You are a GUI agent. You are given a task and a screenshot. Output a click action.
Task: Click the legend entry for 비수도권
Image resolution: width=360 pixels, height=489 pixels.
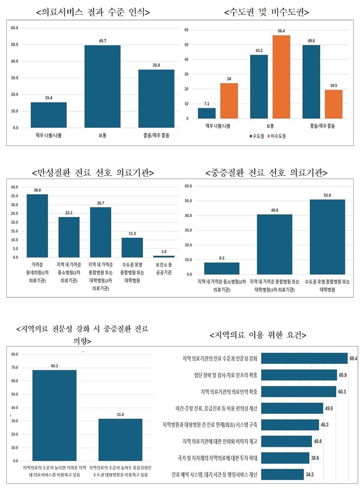pos(280,137)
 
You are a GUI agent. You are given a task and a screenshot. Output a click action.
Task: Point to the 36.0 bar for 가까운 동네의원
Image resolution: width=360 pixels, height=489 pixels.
pos(37,225)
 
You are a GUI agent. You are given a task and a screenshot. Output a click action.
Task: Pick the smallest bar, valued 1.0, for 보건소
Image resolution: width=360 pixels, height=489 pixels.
pos(164,256)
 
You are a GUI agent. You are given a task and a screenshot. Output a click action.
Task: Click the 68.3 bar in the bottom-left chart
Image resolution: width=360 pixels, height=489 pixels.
pos(54,415)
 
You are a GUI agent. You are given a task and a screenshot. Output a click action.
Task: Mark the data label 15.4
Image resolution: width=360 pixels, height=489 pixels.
pos(48,98)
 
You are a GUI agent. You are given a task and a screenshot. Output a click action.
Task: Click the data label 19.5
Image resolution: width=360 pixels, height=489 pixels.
pos(334,85)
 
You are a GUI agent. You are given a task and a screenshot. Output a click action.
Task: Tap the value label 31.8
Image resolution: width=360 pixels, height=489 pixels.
pos(120,415)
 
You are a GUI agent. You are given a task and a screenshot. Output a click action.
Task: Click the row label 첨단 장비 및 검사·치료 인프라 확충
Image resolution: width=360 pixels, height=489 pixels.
pos(220,375)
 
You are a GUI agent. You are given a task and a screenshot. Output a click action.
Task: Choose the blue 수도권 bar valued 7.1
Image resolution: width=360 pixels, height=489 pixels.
pos(207,113)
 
